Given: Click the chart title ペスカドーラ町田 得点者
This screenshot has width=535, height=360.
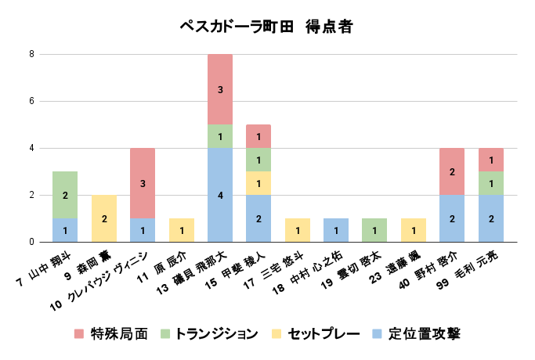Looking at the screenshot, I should tap(266, 27).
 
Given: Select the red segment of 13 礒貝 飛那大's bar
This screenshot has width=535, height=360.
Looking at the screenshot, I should tap(220, 89).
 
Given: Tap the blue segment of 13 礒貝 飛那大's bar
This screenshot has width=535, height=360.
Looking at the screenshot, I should tap(220, 195).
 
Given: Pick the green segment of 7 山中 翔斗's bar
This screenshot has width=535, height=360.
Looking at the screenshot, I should tap(65, 195).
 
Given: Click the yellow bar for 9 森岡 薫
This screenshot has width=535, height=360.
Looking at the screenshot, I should tap(104, 218).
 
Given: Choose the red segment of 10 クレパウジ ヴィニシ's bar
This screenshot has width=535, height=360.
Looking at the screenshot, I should tap(143, 183).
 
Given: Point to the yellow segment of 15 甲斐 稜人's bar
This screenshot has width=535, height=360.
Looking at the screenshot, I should tap(258, 183).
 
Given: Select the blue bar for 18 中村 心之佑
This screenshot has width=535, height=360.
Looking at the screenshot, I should tap(336, 230).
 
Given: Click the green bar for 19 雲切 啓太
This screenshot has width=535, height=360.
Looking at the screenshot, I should tap(374, 230).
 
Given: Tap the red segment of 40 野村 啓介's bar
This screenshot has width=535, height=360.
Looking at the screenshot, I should tap(452, 171).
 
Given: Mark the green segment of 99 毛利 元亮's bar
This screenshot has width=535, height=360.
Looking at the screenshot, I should tap(491, 183).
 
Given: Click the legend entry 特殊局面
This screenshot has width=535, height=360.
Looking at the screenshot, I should tap(118, 334).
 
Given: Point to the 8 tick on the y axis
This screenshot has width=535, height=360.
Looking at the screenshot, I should tap(31, 54).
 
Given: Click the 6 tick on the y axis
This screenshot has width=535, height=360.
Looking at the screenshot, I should tap(31, 101).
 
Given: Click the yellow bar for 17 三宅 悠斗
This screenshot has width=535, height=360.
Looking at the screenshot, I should tap(298, 230).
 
